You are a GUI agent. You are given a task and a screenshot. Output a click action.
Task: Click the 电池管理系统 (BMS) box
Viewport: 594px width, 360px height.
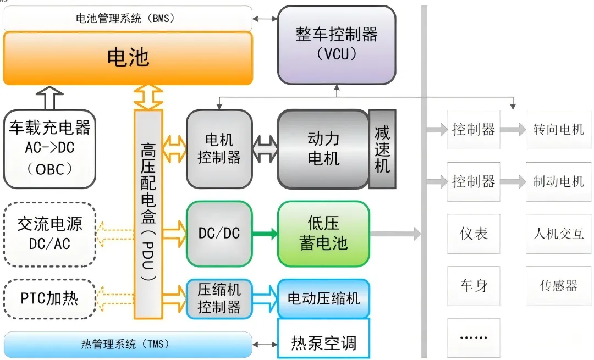128,18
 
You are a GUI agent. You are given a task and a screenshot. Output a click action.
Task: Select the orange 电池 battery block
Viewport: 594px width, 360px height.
128,58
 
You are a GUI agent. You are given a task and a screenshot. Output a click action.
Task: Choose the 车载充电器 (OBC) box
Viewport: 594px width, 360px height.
50,148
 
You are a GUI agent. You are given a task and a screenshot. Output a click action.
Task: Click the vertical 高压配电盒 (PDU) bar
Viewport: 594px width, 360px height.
148,214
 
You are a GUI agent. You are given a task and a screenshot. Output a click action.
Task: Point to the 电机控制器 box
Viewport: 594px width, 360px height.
219,149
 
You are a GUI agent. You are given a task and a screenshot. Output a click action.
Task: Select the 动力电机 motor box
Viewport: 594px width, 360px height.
323,149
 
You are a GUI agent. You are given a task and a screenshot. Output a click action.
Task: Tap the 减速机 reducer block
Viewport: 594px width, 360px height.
382,149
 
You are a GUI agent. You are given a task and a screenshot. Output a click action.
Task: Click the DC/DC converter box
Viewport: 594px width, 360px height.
219,233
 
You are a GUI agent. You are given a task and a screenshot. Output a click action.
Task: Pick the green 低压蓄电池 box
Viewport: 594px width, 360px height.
323,233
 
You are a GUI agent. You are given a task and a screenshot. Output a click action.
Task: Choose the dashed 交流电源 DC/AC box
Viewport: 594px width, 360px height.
50,234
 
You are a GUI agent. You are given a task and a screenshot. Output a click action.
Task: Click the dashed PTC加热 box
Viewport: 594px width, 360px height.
50,299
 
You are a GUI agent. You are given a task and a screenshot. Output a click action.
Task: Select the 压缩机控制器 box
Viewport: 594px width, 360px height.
219,298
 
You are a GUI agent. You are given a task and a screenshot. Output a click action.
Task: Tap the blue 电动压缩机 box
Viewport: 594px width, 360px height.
323,298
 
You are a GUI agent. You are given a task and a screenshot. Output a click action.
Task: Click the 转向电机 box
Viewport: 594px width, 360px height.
558,130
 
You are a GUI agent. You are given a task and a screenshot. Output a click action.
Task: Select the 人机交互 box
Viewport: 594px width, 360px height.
558,234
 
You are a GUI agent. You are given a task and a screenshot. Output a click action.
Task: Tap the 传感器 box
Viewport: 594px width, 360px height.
558,286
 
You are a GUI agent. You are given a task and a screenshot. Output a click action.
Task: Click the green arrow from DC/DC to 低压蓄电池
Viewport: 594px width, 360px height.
265,234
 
